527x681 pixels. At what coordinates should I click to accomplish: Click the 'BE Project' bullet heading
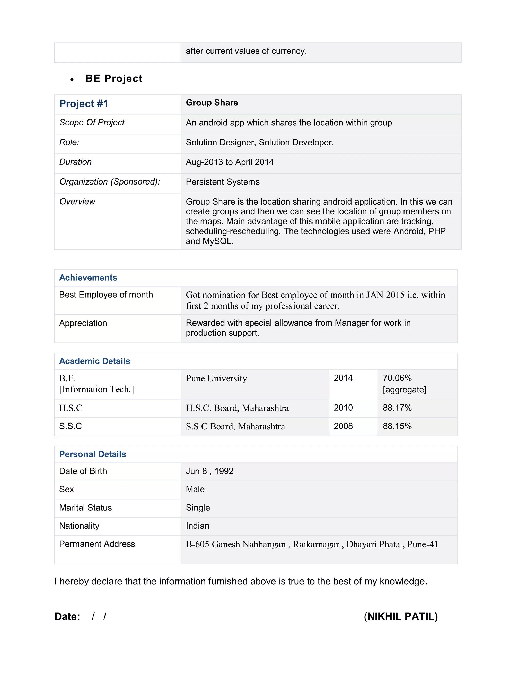(114, 79)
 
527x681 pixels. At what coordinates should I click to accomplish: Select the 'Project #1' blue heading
(84, 104)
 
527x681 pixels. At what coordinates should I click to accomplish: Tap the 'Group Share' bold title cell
(212, 103)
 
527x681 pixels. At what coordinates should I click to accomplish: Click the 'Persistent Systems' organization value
(223, 182)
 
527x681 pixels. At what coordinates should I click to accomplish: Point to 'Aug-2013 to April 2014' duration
(230, 162)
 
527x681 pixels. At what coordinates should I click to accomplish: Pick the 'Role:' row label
(69, 142)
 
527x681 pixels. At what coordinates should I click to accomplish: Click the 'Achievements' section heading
(88, 278)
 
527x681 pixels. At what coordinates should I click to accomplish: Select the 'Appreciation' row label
(83, 323)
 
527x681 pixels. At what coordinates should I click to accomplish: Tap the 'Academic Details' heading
(95, 361)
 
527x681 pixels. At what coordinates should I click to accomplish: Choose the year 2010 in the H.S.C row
(343, 408)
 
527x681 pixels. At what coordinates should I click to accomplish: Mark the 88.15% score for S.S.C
(397, 426)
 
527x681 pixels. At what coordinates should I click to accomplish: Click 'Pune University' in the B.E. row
(216, 378)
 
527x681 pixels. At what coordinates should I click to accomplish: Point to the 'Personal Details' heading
(93, 454)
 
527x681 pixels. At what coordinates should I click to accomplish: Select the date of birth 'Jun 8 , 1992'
(209, 471)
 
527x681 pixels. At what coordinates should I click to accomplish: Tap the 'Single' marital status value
(198, 508)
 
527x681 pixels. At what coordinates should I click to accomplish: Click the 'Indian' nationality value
(197, 526)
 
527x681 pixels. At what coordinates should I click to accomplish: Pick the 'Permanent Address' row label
(97, 544)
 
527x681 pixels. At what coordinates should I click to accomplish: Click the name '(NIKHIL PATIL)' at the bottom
(401, 616)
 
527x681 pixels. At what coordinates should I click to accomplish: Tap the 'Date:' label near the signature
(67, 616)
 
